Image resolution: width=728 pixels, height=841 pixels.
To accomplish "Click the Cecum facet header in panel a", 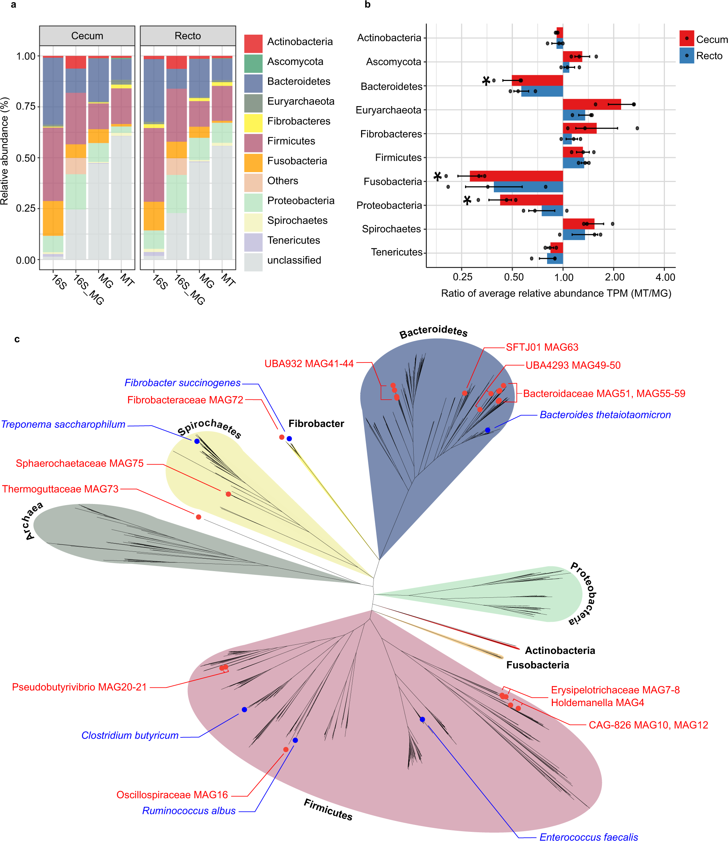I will tap(87, 36).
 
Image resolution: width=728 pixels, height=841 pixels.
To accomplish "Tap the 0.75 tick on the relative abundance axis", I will tap(26, 106).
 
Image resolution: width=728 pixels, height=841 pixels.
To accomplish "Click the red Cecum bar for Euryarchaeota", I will tap(592, 104).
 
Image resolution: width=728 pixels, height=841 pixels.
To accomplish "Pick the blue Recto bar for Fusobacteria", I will tap(528, 187).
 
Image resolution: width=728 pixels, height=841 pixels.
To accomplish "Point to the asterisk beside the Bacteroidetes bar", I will tap(486, 81).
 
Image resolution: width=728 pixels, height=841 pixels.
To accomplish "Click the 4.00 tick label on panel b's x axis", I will tap(665, 277).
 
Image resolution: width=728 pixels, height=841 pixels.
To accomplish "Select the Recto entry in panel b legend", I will tap(709, 56).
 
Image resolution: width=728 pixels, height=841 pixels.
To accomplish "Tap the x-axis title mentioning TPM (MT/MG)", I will tap(556, 293).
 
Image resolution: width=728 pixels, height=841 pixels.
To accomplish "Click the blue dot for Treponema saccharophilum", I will tap(197, 441).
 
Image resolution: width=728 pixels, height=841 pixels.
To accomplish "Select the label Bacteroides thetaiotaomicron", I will tap(605, 415).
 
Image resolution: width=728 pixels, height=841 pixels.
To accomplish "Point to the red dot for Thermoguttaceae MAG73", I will tap(198, 517).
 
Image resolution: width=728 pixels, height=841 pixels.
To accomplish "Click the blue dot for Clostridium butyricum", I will tap(244, 710).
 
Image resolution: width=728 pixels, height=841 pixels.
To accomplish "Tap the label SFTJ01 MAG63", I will tap(542, 347).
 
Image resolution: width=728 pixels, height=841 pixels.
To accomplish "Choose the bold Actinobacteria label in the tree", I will tap(560, 651).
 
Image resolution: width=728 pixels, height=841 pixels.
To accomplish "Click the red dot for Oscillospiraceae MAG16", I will tap(286, 749).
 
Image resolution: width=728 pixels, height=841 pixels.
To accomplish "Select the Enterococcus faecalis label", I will tap(589, 837).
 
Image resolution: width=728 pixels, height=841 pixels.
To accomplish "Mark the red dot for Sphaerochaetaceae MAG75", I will tap(228, 494).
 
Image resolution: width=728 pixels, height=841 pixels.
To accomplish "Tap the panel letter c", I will tap(17, 339).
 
